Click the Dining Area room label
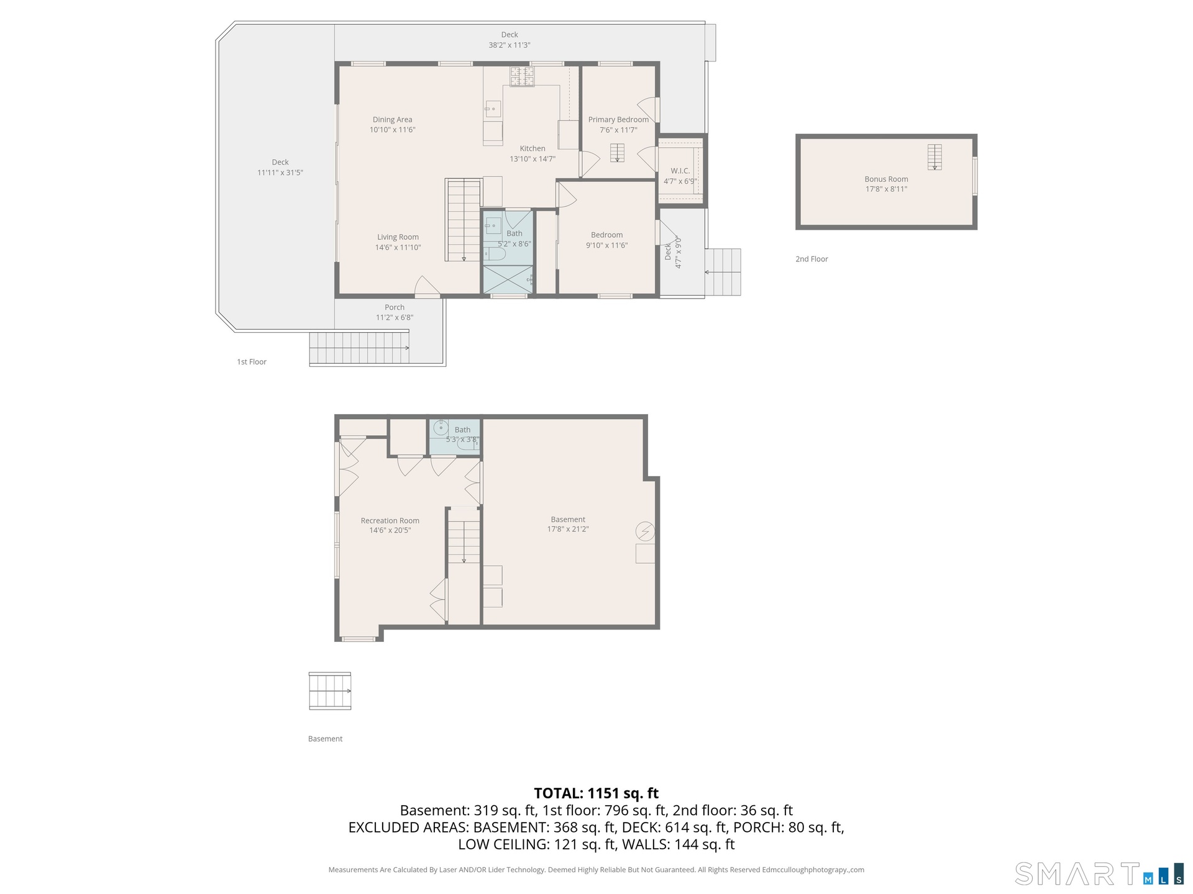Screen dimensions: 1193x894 pyautogui.click(x=392, y=120)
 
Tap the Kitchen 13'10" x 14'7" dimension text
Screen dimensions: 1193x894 pyautogui.click(x=533, y=159)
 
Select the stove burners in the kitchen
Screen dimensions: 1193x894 pyautogui.click(x=522, y=76)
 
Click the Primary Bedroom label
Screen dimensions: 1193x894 pyautogui.click(x=618, y=120)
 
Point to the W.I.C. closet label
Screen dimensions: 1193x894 pyautogui.click(x=680, y=171)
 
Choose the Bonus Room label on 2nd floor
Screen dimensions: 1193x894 pyautogui.click(x=886, y=179)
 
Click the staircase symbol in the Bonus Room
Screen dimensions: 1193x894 pyautogui.click(x=935, y=157)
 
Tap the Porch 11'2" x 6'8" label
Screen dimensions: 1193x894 pyautogui.click(x=395, y=312)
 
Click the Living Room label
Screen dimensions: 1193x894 pyautogui.click(x=398, y=237)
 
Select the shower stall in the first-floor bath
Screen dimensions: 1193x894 pyautogui.click(x=508, y=279)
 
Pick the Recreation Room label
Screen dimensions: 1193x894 pyautogui.click(x=390, y=521)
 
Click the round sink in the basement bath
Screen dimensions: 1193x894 pyautogui.click(x=441, y=428)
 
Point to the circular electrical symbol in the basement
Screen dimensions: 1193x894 pyautogui.click(x=645, y=531)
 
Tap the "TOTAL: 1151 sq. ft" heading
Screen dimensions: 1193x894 pyautogui.click(x=596, y=793)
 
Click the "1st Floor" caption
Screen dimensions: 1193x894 pyautogui.click(x=252, y=362)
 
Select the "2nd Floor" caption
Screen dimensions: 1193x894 pyautogui.click(x=811, y=259)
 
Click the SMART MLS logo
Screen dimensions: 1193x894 pyautogui.click(x=1099, y=874)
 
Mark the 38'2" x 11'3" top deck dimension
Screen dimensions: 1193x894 pyautogui.click(x=510, y=45)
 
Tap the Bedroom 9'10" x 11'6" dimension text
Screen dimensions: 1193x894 pyautogui.click(x=607, y=245)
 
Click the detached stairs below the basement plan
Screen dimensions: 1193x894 pyautogui.click(x=330, y=691)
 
